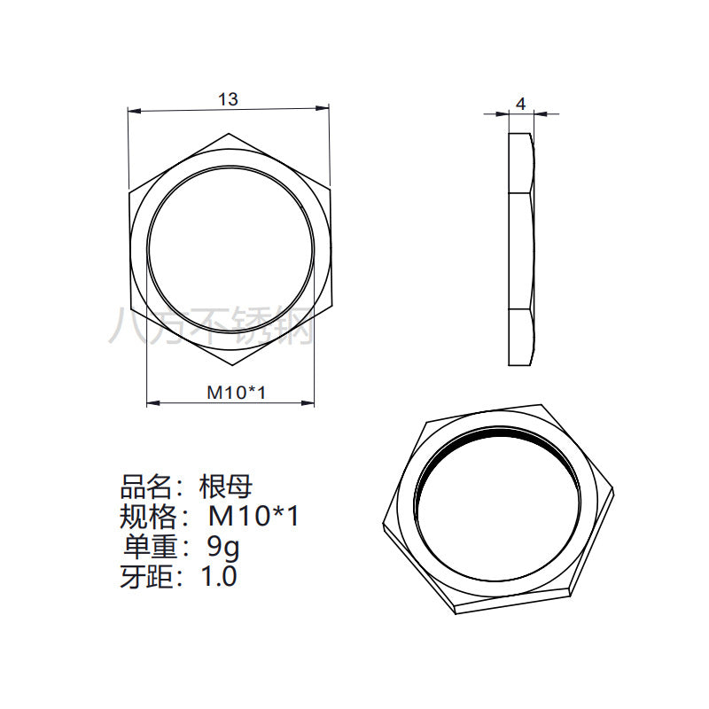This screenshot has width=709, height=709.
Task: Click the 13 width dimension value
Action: (x=228, y=99)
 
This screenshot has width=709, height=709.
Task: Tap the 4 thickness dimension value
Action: (x=521, y=104)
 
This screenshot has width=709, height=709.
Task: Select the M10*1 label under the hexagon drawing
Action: (x=236, y=393)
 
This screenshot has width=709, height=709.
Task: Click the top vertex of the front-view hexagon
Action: (x=229, y=134)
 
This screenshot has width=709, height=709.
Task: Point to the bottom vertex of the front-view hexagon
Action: (x=232, y=365)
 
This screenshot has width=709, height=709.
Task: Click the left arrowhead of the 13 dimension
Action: (x=135, y=110)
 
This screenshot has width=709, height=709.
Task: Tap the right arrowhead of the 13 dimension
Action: (x=323, y=107)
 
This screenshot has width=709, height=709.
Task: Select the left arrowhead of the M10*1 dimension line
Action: (x=153, y=402)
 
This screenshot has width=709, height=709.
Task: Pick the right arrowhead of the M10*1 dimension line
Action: (x=308, y=402)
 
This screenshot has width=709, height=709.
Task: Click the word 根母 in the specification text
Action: (x=226, y=487)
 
